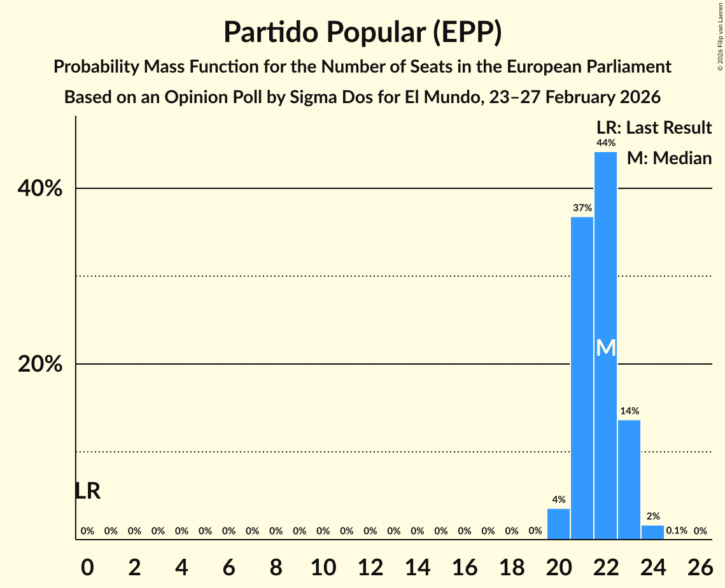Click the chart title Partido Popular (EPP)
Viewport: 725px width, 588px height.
pos(362,32)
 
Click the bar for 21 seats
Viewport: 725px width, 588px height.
pos(582,378)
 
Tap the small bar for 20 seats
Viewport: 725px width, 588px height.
pos(558,524)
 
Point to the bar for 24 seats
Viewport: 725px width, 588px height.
pos(652,532)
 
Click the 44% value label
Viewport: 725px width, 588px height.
pos(605,143)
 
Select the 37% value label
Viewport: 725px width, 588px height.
pos(582,207)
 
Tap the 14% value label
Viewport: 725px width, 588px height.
pos(629,411)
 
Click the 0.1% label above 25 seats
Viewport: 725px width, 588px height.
pos(676,530)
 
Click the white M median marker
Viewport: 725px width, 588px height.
pos(606,348)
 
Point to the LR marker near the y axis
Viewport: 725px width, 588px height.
pos(87,491)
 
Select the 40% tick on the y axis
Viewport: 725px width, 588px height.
pos(39,188)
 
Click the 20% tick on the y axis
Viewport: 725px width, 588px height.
pos(39,364)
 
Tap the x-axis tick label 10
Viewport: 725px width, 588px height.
pos(323,565)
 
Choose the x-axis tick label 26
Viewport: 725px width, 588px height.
pos(700,565)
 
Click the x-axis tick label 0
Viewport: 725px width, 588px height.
pos(87,565)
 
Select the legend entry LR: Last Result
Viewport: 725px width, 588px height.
pos(654,128)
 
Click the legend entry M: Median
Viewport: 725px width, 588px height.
pos(669,158)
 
